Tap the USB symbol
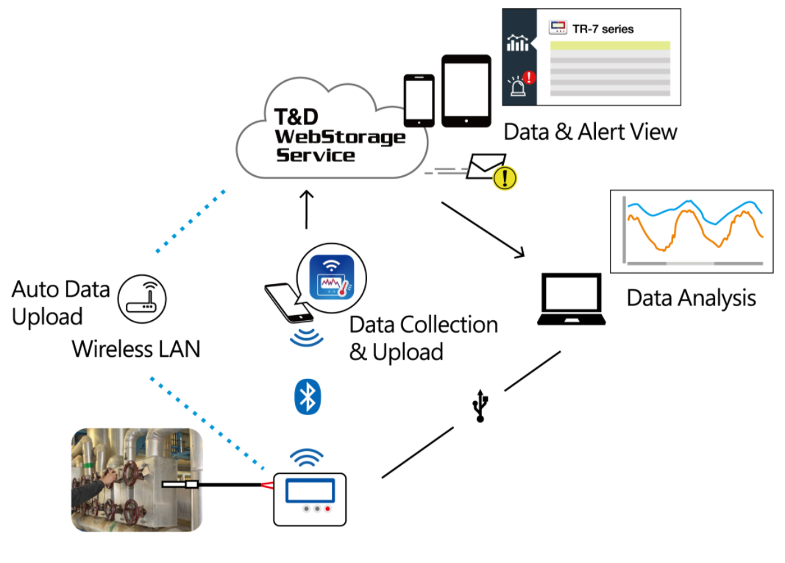[x=480, y=406]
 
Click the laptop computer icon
[x=572, y=300]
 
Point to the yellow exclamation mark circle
[x=505, y=177]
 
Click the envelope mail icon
[x=485, y=166]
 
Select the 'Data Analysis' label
[x=691, y=298]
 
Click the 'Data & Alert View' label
[x=590, y=132]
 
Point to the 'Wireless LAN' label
[x=136, y=348]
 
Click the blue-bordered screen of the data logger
[x=310, y=489]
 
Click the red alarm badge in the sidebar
[x=529, y=77]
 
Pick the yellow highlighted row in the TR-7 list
[x=610, y=46]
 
